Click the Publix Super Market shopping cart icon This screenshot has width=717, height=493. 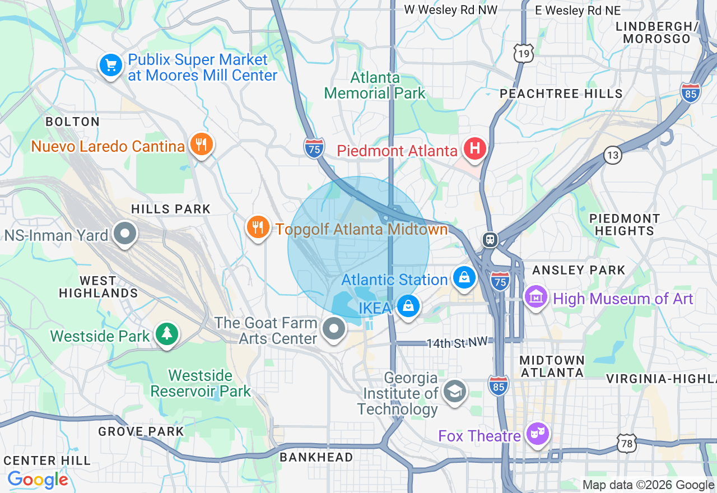[111, 66]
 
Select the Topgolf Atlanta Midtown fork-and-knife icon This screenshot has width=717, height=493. [258, 228]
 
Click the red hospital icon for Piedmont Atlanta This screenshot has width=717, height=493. [474, 149]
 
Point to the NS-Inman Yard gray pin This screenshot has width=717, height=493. [124, 234]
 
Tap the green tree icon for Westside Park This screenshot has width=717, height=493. [166, 334]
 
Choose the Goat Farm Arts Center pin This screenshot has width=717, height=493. [334, 329]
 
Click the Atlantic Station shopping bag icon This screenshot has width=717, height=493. [464, 277]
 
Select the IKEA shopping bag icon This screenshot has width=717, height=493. [408, 306]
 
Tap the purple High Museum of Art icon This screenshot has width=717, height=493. [536, 297]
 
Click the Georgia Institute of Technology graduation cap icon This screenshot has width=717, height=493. [454, 392]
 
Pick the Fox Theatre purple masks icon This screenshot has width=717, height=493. [538, 434]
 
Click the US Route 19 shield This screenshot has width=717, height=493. [524, 53]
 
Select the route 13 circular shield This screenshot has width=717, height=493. [613, 155]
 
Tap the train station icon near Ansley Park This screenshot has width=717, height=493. [490, 239]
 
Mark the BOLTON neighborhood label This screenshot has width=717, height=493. [72, 122]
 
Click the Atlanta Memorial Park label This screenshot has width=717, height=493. [375, 85]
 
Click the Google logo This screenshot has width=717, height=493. [38, 480]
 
